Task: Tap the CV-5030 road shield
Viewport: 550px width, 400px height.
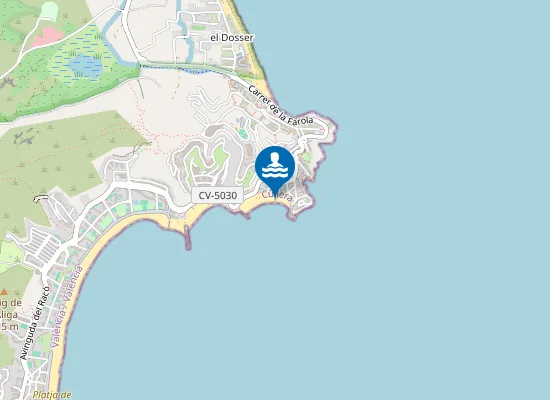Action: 217,195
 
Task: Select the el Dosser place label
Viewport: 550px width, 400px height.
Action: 232,38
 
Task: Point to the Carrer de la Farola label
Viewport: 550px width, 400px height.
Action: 282,109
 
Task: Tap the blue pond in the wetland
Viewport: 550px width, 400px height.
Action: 84,66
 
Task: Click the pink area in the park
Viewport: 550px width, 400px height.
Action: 45,38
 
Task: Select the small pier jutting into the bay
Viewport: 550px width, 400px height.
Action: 187,236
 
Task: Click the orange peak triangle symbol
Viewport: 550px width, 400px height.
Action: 5,292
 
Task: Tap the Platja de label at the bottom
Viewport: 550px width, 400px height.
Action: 51,394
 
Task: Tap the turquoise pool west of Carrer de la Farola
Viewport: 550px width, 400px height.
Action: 242,133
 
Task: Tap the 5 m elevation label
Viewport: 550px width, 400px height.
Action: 9,327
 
